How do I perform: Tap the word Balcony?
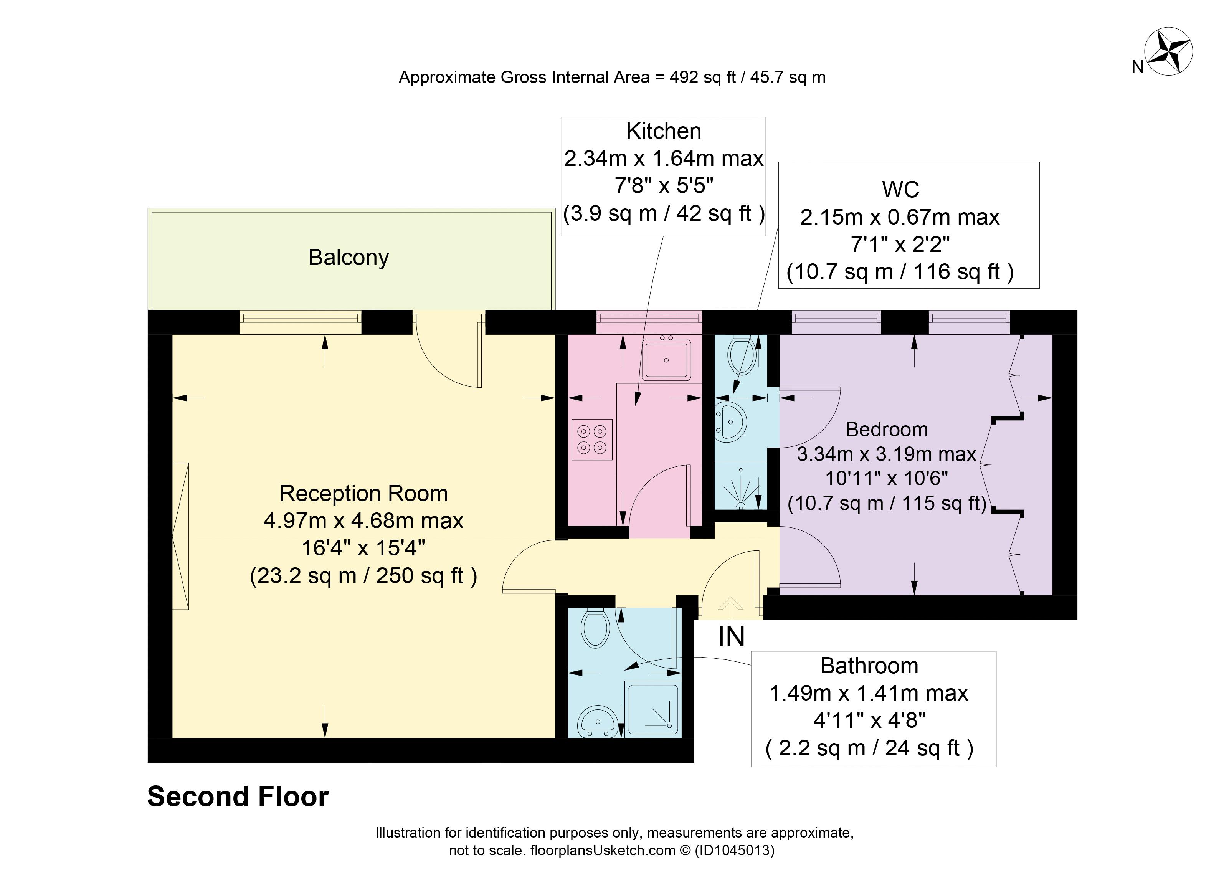click(x=349, y=258)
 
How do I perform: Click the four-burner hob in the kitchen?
click(x=592, y=439)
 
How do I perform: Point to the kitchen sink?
click(x=666, y=359)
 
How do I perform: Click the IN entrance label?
click(x=731, y=637)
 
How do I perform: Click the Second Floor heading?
click(x=238, y=796)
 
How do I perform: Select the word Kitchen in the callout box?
click(x=664, y=131)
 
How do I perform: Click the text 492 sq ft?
click(x=703, y=78)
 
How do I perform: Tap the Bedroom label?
click(x=887, y=430)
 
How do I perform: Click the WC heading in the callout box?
click(x=901, y=190)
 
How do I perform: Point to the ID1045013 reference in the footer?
click(x=735, y=851)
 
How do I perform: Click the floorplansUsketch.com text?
click(x=603, y=851)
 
